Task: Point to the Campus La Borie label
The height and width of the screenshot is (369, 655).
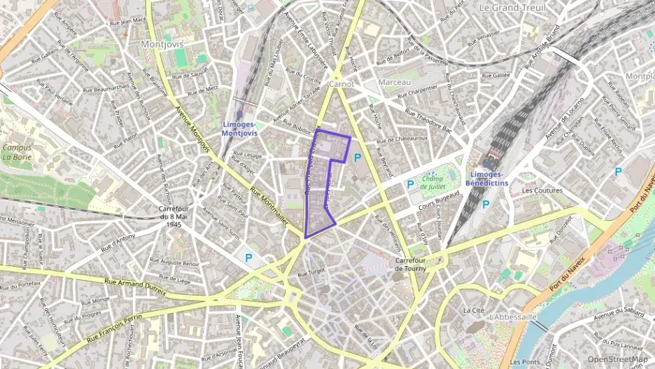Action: point(17,152)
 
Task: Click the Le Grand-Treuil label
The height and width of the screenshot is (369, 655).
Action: point(512,7)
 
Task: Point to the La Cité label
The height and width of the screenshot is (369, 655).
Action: point(473,309)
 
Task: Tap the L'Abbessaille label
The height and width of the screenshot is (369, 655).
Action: point(514,317)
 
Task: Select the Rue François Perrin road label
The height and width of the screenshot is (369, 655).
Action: point(114,328)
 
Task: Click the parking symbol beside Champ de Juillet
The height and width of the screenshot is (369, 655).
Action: point(410,185)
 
